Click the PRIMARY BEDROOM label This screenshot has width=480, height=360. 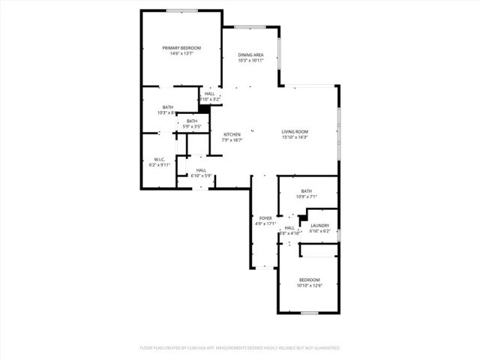click(x=181, y=47)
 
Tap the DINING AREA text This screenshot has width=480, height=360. click(x=250, y=55)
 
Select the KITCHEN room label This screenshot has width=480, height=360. click(x=232, y=134)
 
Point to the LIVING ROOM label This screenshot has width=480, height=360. click(x=295, y=131)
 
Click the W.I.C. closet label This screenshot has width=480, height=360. click(x=159, y=158)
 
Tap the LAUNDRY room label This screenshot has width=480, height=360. click(x=320, y=225)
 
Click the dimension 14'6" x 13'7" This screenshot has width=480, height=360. click(x=181, y=53)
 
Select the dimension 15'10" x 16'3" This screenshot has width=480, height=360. click(x=295, y=137)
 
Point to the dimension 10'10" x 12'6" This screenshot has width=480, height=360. click(x=309, y=285)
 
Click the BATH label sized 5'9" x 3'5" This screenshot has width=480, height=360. click(x=192, y=121)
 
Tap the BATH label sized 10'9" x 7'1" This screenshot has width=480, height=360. click(x=306, y=190)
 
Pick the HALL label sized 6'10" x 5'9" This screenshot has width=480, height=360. click(x=201, y=170)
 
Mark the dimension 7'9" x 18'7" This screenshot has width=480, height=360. click(x=232, y=140)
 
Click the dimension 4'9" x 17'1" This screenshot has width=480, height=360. click(x=265, y=223)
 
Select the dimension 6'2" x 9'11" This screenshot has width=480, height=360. click(x=159, y=164)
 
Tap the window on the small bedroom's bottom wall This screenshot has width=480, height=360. click(x=309, y=312)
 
